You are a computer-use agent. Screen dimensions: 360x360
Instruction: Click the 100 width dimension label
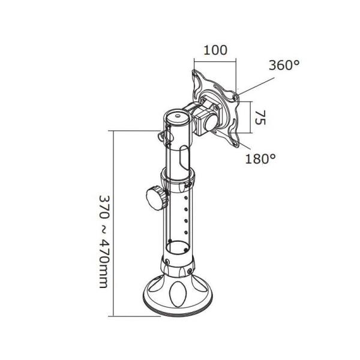pos(215,50)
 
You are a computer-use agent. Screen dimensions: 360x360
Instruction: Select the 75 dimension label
pos(260,118)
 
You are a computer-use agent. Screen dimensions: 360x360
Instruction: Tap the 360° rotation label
pos(284,65)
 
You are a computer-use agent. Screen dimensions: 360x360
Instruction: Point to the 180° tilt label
pos(260,158)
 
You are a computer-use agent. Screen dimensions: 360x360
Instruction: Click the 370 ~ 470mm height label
pos(104,241)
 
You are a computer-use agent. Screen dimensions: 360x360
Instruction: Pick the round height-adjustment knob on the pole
pos(155,199)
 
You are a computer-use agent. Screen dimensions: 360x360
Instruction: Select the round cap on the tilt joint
pos(211,122)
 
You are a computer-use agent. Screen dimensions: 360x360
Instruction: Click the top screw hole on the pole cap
pos(177,115)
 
